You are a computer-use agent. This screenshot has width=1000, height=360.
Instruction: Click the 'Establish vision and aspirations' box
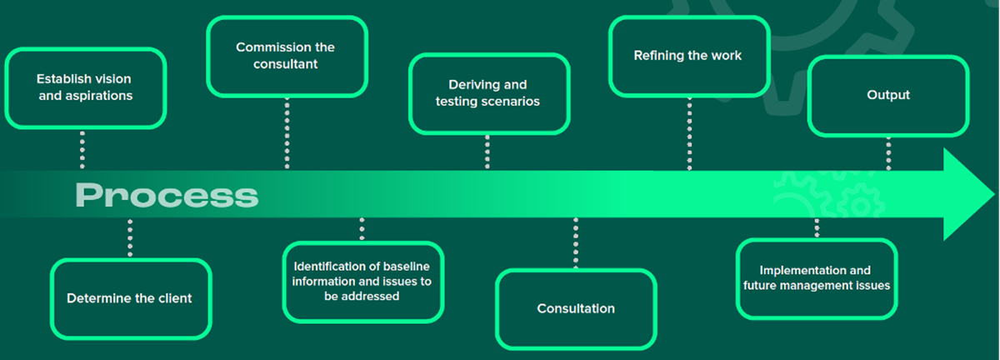[x=84, y=87]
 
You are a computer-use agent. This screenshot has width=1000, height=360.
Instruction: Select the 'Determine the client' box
[x=130, y=298]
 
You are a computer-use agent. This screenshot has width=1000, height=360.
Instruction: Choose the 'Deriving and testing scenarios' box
[x=488, y=93]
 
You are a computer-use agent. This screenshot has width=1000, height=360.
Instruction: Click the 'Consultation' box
[x=576, y=308]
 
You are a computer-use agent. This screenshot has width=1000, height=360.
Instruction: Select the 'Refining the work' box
[x=687, y=56]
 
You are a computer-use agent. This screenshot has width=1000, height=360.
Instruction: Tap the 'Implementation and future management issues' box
[x=817, y=277]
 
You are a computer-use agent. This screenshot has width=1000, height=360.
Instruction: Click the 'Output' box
[x=888, y=95]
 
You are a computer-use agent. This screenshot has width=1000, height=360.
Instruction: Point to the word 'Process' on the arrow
[x=167, y=196]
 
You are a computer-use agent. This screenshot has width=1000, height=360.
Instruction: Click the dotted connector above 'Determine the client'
[x=129, y=238]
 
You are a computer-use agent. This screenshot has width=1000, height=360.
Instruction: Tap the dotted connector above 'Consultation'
[x=576, y=242]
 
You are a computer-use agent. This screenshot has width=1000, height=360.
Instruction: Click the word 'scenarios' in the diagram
[x=512, y=102]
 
